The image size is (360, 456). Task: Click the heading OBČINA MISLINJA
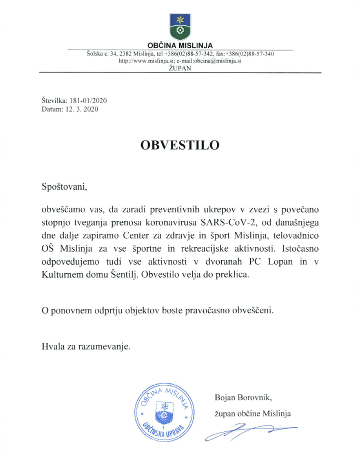click(x=180, y=46)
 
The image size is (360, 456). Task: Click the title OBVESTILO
click(x=180, y=145)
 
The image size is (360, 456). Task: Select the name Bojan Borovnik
click(x=242, y=398)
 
